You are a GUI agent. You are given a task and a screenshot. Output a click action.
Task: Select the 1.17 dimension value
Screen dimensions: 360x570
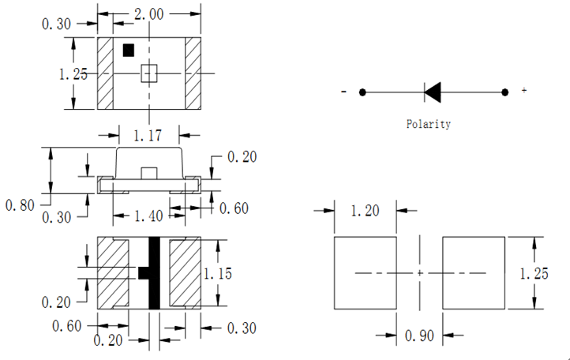click(x=150, y=137)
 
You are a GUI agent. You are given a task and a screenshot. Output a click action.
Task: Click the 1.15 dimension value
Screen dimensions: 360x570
click(x=219, y=273)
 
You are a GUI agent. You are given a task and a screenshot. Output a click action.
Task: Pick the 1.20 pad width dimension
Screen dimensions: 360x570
click(x=366, y=211)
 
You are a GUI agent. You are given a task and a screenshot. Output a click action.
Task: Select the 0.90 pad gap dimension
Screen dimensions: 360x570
click(x=419, y=336)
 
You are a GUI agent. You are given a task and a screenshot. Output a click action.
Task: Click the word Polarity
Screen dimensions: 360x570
click(x=429, y=124)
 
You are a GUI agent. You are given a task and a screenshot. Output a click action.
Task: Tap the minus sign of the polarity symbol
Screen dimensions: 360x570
click(x=344, y=92)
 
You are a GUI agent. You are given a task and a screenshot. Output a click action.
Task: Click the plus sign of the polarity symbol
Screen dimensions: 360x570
click(x=524, y=92)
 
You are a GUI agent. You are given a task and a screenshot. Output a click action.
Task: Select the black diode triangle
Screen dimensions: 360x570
click(x=433, y=92)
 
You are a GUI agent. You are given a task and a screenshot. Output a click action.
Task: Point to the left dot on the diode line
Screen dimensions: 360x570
click(x=362, y=92)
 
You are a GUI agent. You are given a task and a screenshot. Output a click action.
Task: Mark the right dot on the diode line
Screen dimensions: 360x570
click(x=505, y=92)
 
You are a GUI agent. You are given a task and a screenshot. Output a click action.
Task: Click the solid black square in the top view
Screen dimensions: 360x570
click(x=128, y=50)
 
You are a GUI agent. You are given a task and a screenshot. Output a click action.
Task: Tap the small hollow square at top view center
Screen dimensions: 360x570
click(x=149, y=73)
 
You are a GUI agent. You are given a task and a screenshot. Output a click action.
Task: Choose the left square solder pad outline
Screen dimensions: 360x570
click(x=366, y=273)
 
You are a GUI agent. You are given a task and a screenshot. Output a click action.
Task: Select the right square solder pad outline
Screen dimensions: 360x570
click(x=474, y=273)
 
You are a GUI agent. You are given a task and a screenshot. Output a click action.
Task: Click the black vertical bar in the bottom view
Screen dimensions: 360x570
click(x=155, y=273)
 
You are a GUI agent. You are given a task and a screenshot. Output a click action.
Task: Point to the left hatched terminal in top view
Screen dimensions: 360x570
click(x=106, y=73)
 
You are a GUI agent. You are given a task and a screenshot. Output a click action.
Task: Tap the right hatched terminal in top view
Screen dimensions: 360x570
click(x=193, y=73)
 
